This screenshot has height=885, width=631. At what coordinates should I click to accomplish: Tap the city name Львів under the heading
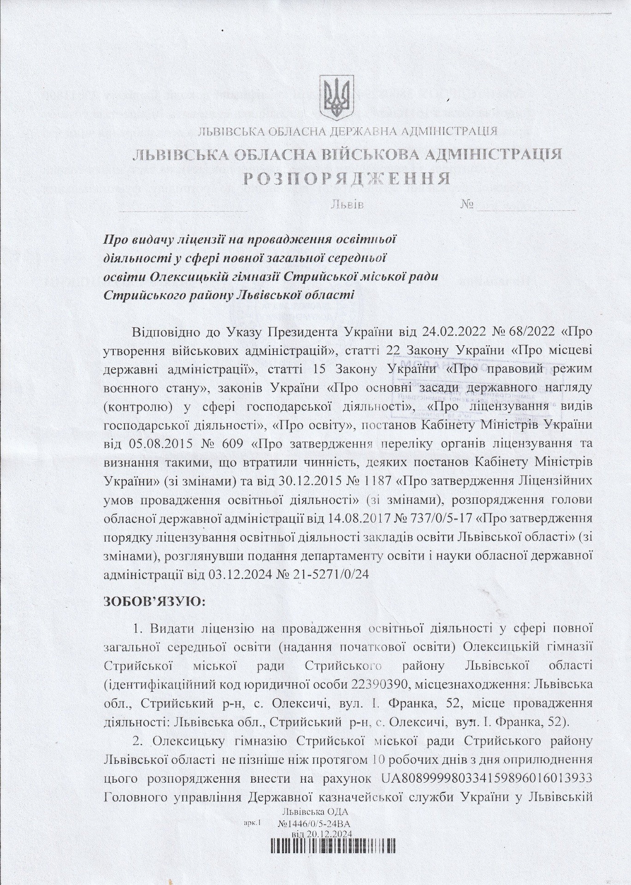348,204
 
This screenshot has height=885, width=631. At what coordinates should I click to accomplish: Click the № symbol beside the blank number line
467,204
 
